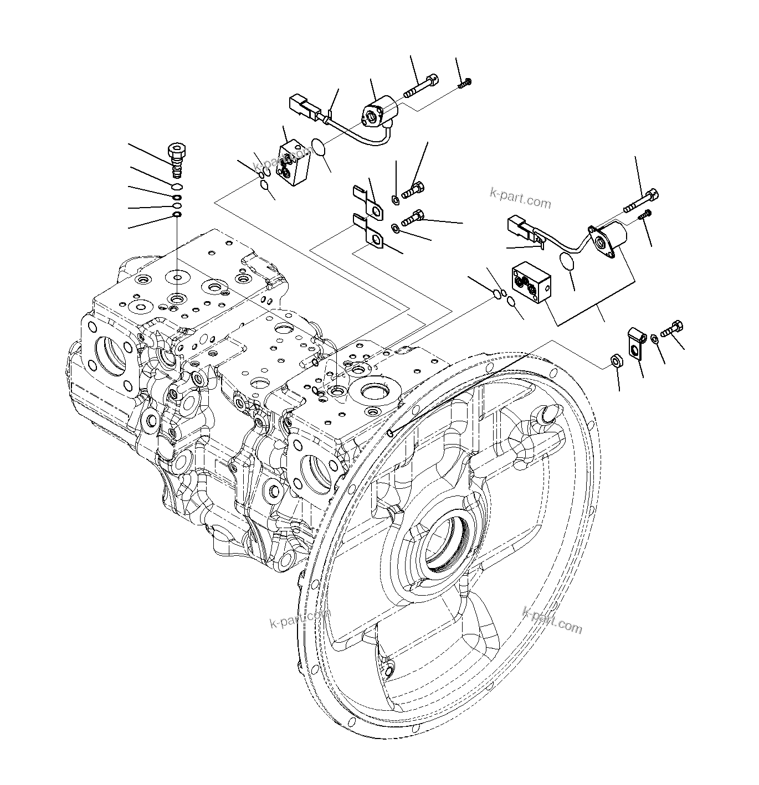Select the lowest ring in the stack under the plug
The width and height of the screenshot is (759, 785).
[x=177, y=215]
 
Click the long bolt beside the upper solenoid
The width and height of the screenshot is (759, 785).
[x=420, y=86]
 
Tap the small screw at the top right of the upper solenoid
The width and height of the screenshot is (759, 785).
[x=465, y=84]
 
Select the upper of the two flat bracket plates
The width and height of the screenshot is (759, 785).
[x=368, y=203]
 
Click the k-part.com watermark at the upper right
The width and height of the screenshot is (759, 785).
[x=520, y=198]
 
